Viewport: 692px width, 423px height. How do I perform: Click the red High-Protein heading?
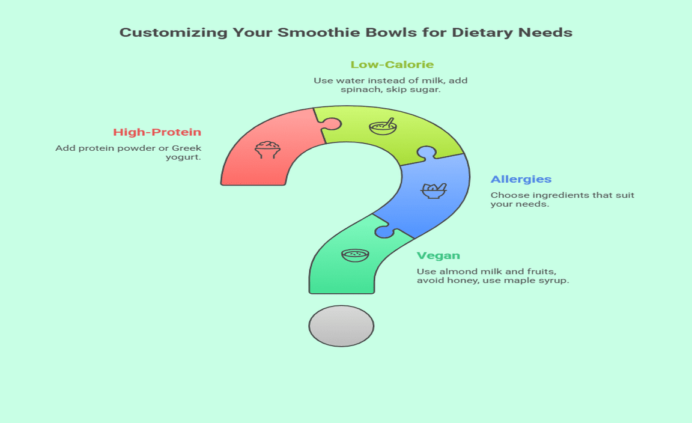pyautogui.click(x=157, y=132)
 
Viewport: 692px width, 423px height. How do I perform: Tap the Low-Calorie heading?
pyautogui.click(x=392, y=64)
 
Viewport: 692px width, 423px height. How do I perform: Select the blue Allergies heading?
pyautogui.click(x=521, y=179)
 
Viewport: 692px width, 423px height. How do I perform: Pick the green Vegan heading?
pyautogui.click(x=439, y=255)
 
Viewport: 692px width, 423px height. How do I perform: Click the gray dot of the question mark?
pyautogui.click(x=341, y=326)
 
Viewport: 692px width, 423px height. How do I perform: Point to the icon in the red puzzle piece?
pyautogui.click(x=267, y=150)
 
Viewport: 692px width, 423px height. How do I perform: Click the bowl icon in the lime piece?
pyautogui.click(x=383, y=127)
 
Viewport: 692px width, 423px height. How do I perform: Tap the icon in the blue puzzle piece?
pyautogui.click(x=434, y=190)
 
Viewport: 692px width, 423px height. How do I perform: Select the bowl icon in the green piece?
pyautogui.click(x=355, y=255)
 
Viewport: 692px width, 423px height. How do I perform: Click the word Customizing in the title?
pyautogui.click(x=174, y=32)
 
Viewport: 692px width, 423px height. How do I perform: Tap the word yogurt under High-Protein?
pyautogui.click(x=183, y=157)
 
